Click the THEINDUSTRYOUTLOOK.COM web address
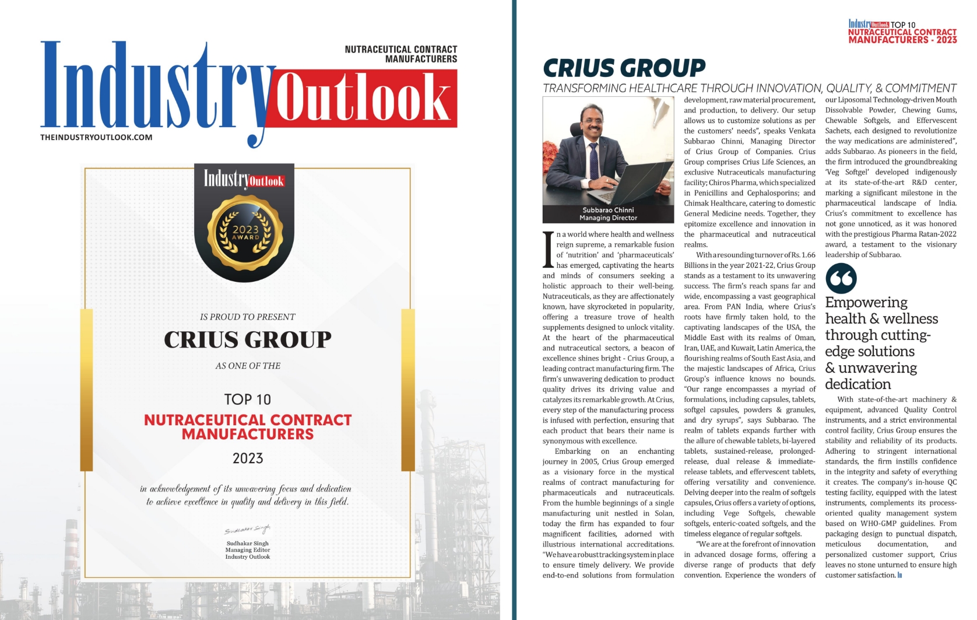96,137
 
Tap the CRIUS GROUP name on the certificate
248,339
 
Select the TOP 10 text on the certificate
248,400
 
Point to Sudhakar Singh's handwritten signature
248,530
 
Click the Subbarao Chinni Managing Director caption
608,214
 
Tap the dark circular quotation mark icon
841,278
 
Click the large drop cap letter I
547,250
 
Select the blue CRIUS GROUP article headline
624,68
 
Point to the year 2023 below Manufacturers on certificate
248,458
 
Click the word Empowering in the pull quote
866,303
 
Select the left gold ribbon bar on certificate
86,389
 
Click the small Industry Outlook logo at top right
869,24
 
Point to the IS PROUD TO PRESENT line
248,317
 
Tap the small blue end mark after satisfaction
900,576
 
